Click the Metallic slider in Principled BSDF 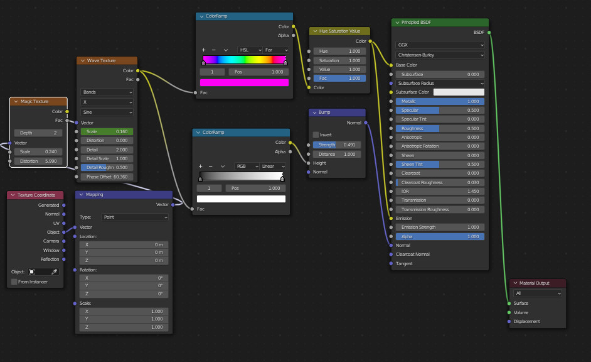[x=440, y=101]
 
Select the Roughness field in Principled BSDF [x=440, y=128]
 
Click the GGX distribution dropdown [x=440, y=45]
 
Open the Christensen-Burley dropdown [x=440, y=55]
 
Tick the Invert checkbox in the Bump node [x=316, y=134]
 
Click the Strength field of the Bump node [x=336, y=145]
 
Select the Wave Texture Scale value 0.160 [x=107, y=131]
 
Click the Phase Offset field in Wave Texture [x=107, y=177]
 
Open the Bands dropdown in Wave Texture [x=107, y=92]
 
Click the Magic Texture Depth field [x=38, y=133]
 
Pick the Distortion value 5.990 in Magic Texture [x=38, y=161]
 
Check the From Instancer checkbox [x=14, y=282]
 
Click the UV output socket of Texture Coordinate [x=64, y=223]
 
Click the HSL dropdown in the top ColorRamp [x=249, y=50]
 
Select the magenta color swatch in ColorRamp [x=244, y=82]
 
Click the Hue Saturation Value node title [x=339, y=31]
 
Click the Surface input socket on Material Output [x=509, y=303]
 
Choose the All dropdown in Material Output [x=538, y=293]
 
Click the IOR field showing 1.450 [x=440, y=191]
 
